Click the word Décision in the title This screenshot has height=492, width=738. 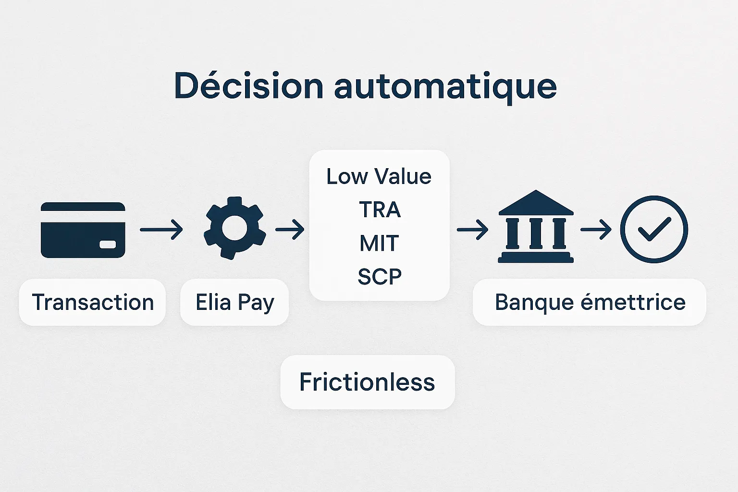pos(248,86)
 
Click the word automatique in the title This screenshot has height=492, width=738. pos(445,87)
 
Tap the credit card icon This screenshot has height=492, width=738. pos(83,230)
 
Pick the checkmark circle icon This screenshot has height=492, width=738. pos(654,229)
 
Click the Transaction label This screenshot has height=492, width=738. pos(93,302)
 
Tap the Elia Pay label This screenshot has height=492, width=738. pos(234,302)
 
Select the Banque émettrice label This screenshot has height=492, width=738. pos(590,302)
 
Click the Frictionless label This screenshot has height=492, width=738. pos(367,382)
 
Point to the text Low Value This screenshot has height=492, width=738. pos(379,176)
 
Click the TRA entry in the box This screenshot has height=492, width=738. pos(380,209)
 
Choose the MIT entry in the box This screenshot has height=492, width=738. pos(379,243)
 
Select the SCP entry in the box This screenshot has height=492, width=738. pos(380,276)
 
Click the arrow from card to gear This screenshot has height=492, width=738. pos(161,230)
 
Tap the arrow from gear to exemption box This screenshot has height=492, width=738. pos(290,230)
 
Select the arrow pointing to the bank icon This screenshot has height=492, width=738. pos(472,230)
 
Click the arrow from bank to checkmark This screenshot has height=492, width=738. pos(596,230)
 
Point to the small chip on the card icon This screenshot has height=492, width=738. pos(108,245)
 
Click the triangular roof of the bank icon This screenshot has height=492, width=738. pos(536,203)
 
